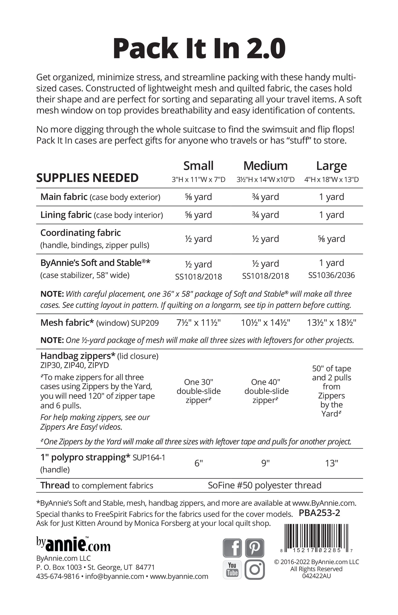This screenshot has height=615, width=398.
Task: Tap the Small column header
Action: point(198,166)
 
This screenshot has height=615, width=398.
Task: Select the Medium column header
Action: point(266,166)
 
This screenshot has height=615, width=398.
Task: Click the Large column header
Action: point(331,166)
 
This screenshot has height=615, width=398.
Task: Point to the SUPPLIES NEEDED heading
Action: point(87,178)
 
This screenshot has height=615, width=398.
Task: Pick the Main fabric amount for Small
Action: point(198,197)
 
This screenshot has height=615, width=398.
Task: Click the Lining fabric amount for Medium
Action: point(266,215)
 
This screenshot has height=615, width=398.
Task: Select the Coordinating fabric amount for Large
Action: point(331,239)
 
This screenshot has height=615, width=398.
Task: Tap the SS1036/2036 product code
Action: point(331,275)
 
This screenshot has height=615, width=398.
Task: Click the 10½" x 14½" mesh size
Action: point(266,323)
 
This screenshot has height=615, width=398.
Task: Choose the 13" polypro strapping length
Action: point(331,463)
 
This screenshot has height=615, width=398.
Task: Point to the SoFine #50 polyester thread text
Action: point(264,485)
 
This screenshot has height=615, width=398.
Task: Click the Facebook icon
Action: point(232,548)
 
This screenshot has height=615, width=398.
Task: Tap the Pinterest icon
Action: point(254,548)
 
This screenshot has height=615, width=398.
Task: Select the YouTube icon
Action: point(232,569)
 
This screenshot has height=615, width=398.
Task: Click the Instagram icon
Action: point(254,569)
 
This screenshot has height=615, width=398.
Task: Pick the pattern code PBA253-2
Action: point(319,513)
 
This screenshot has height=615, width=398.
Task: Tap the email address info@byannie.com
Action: point(115,576)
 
